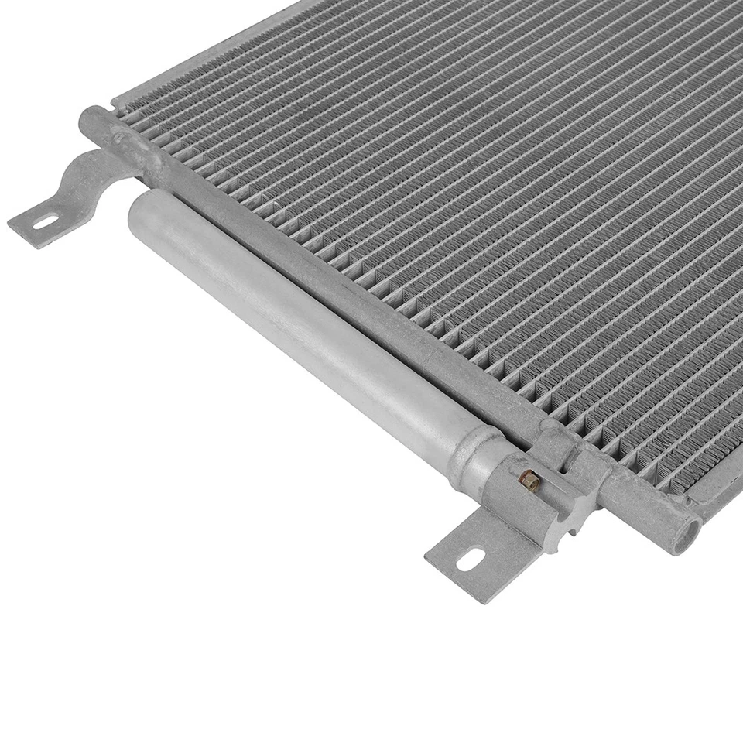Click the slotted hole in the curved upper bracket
[46, 223]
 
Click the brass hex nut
[529, 481]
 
